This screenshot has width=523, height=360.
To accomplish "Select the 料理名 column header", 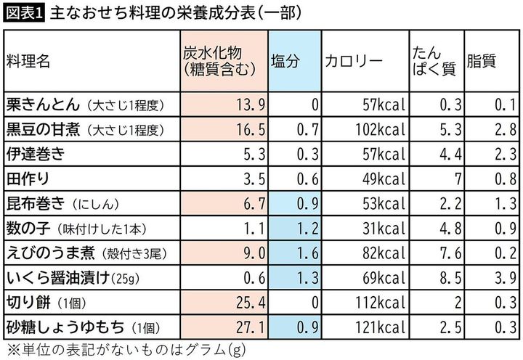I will coord(29,62).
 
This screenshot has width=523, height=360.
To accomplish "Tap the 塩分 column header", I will coord(285,62).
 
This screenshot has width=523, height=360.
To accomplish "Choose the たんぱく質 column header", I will coord(433,62).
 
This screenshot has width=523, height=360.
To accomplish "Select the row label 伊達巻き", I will coord(36,154).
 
